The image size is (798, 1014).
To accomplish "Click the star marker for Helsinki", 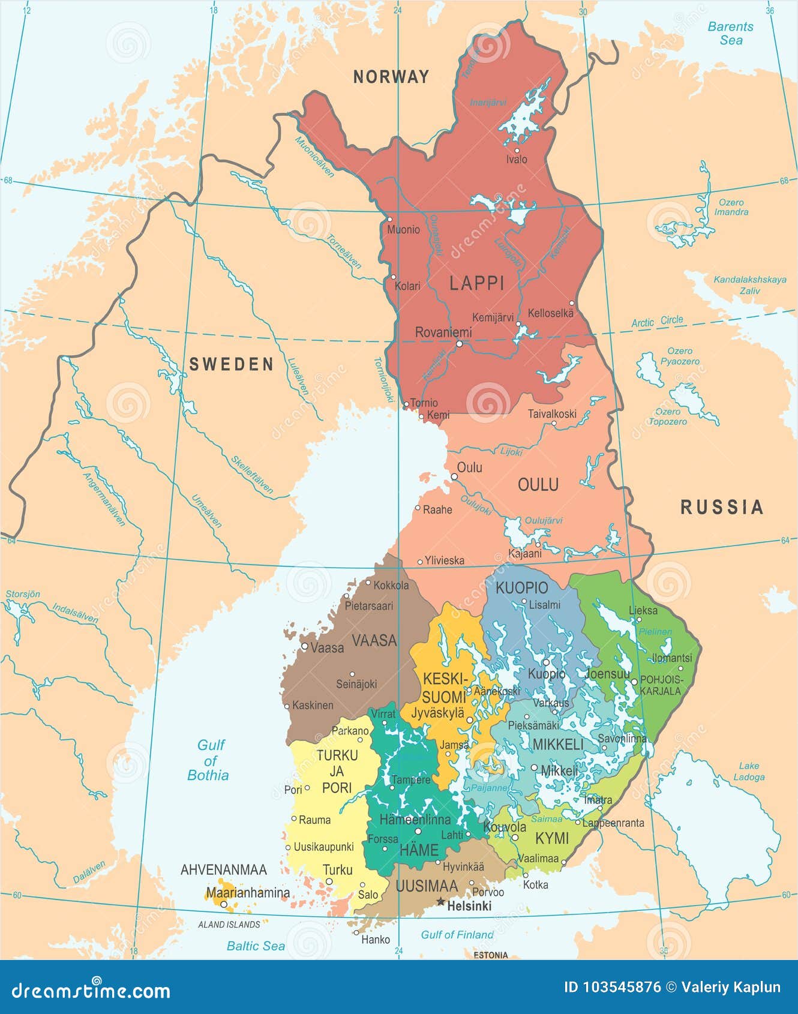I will [x=440, y=902].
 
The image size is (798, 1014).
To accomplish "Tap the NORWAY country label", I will [x=391, y=77].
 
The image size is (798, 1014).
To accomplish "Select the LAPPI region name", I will [x=477, y=283].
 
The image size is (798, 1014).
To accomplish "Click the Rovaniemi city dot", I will [x=459, y=344].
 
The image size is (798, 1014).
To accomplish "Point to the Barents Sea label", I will [x=730, y=34].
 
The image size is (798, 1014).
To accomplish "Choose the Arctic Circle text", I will [x=657, y=322].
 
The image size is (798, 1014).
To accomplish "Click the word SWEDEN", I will [x=232, y=364].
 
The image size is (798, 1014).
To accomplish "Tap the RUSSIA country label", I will [x=722, y=508].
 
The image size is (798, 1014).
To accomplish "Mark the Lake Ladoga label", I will [x=749, y=772].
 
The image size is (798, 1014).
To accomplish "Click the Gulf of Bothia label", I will [x=208, y=760].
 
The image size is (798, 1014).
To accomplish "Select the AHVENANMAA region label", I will [x=224, y=869].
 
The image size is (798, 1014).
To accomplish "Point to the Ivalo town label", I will [x=517, y=160].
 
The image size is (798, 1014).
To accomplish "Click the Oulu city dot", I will [x=454, y=477].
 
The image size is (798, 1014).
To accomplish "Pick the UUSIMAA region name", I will [x=427, y=886].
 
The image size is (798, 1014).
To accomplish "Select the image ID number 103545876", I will [x=622, y=987].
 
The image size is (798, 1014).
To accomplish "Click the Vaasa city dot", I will [x=305, y=647].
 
